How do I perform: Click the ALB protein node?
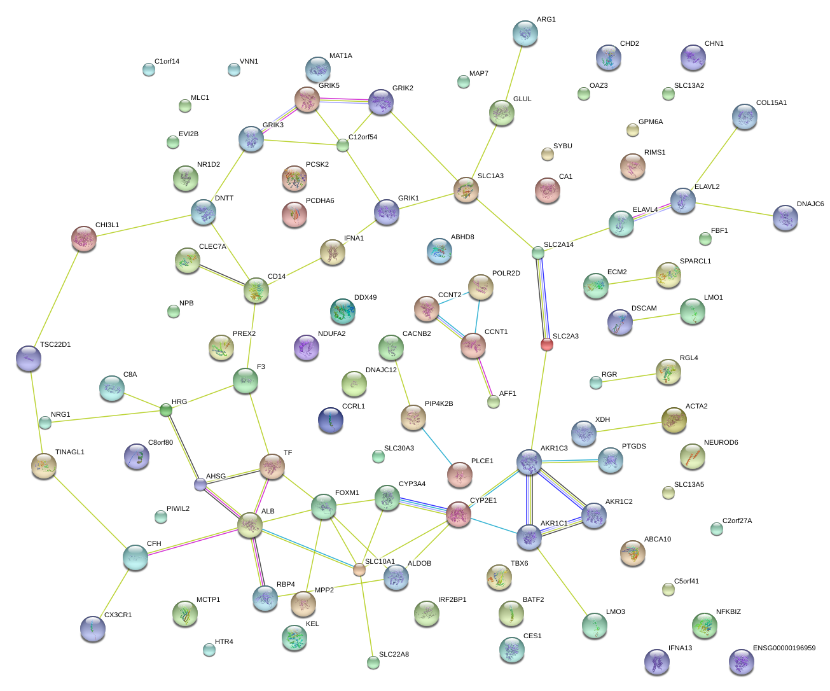point(250,526)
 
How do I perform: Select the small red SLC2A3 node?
point(546,345)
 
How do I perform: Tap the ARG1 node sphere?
point(525,33)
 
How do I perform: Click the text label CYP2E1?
point(483,501)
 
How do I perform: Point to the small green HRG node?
point(166,410)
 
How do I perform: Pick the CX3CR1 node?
point(93,629)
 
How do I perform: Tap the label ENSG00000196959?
point(784,648)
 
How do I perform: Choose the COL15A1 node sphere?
point(744,116)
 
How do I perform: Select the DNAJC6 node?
point(785,218)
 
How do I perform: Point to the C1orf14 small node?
point(148,69)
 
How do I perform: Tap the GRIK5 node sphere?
point(307,99)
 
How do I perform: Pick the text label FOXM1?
point(347,493)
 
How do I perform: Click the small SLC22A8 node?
point(373,662)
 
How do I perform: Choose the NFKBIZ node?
point(704,625)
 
